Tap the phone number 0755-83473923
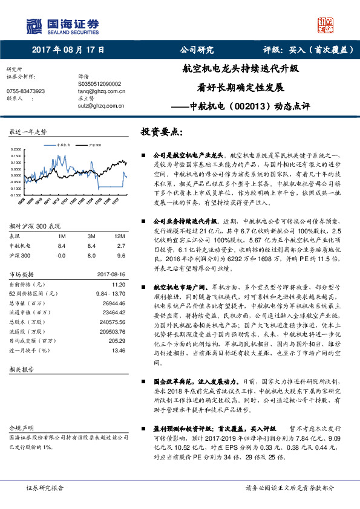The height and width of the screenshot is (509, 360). point(25,91)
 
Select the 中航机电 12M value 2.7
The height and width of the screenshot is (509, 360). point(120,246)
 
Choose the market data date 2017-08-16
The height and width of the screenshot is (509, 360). point(111,274)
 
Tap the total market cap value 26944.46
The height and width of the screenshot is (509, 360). point(113,303)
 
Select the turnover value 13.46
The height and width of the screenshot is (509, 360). point(117,351)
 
